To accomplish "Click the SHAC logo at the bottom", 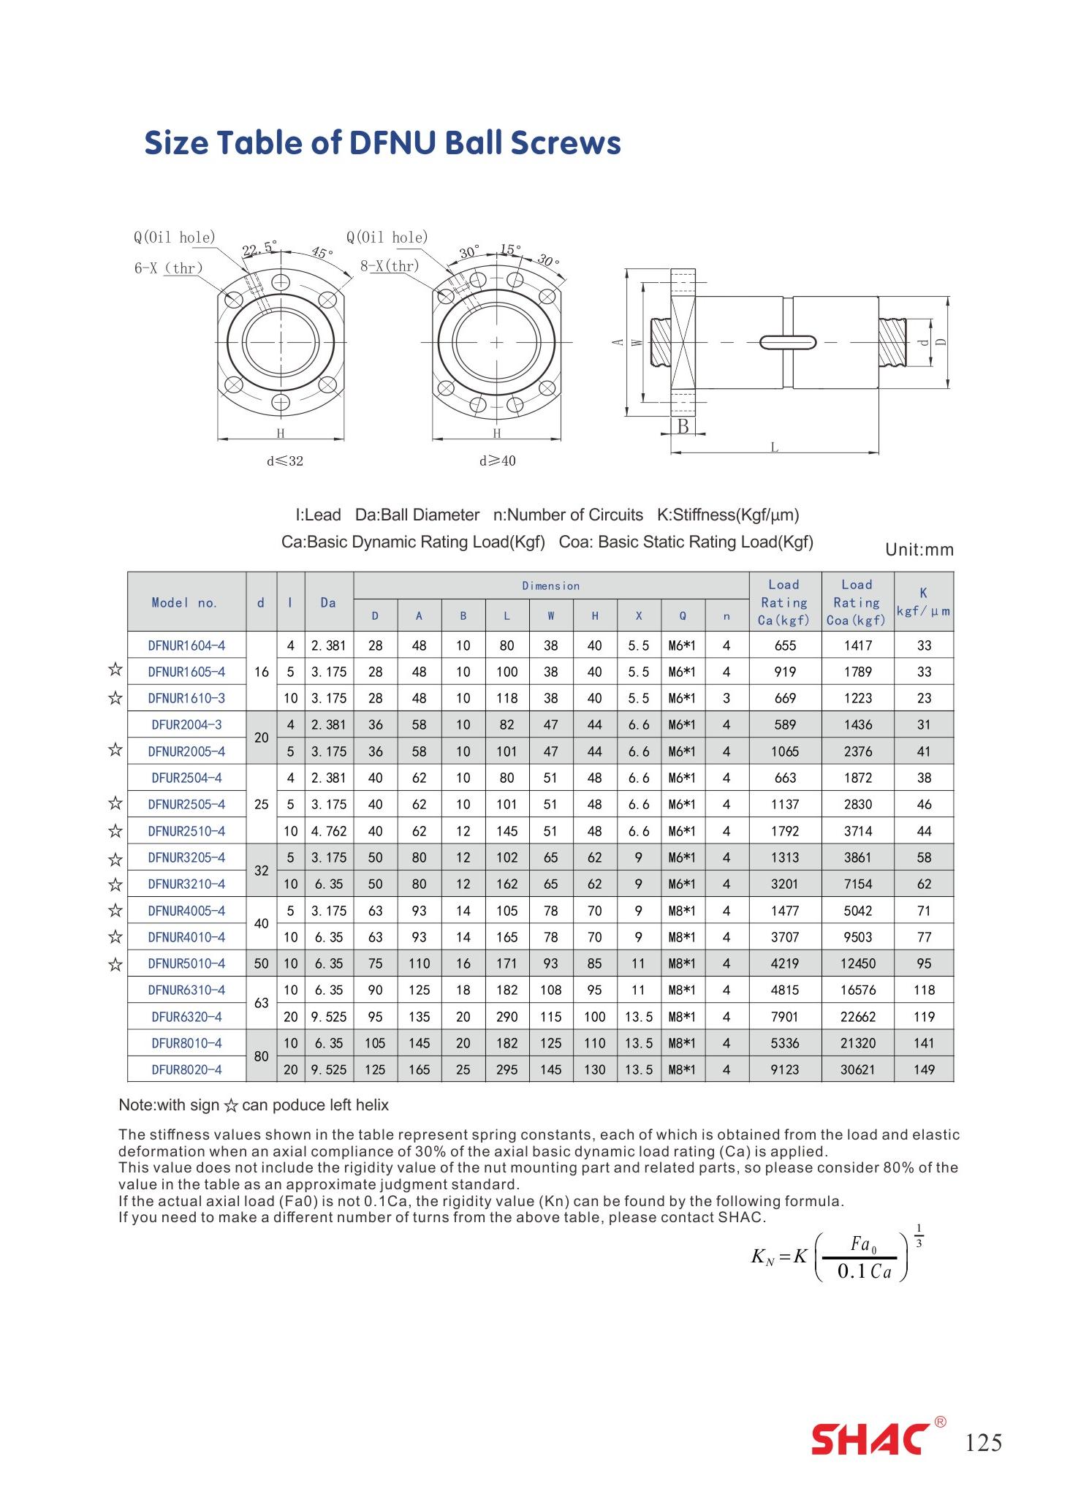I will pos(871,1439).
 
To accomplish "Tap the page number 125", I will pos(984,1442).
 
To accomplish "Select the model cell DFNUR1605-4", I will pos(186,672).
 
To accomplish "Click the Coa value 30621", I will pos(857,1069).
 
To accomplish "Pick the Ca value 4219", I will pos(784,963).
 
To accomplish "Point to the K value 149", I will pos(924,1069).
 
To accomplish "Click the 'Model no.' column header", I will pos(185,602).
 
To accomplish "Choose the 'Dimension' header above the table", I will pos(550,586).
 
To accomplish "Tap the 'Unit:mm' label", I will pos(919,550).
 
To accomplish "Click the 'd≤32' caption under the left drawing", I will pos(284,461).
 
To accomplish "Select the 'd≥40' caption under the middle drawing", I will pos(497,461).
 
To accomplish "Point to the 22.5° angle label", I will pos(259,249).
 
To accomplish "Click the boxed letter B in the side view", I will pos(683,426).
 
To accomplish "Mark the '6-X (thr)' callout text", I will pos(168,268).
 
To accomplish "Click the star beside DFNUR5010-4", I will pos(115,964).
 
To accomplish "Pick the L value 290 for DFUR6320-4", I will pos(506,1017).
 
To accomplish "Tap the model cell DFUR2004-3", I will pos(186,724).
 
